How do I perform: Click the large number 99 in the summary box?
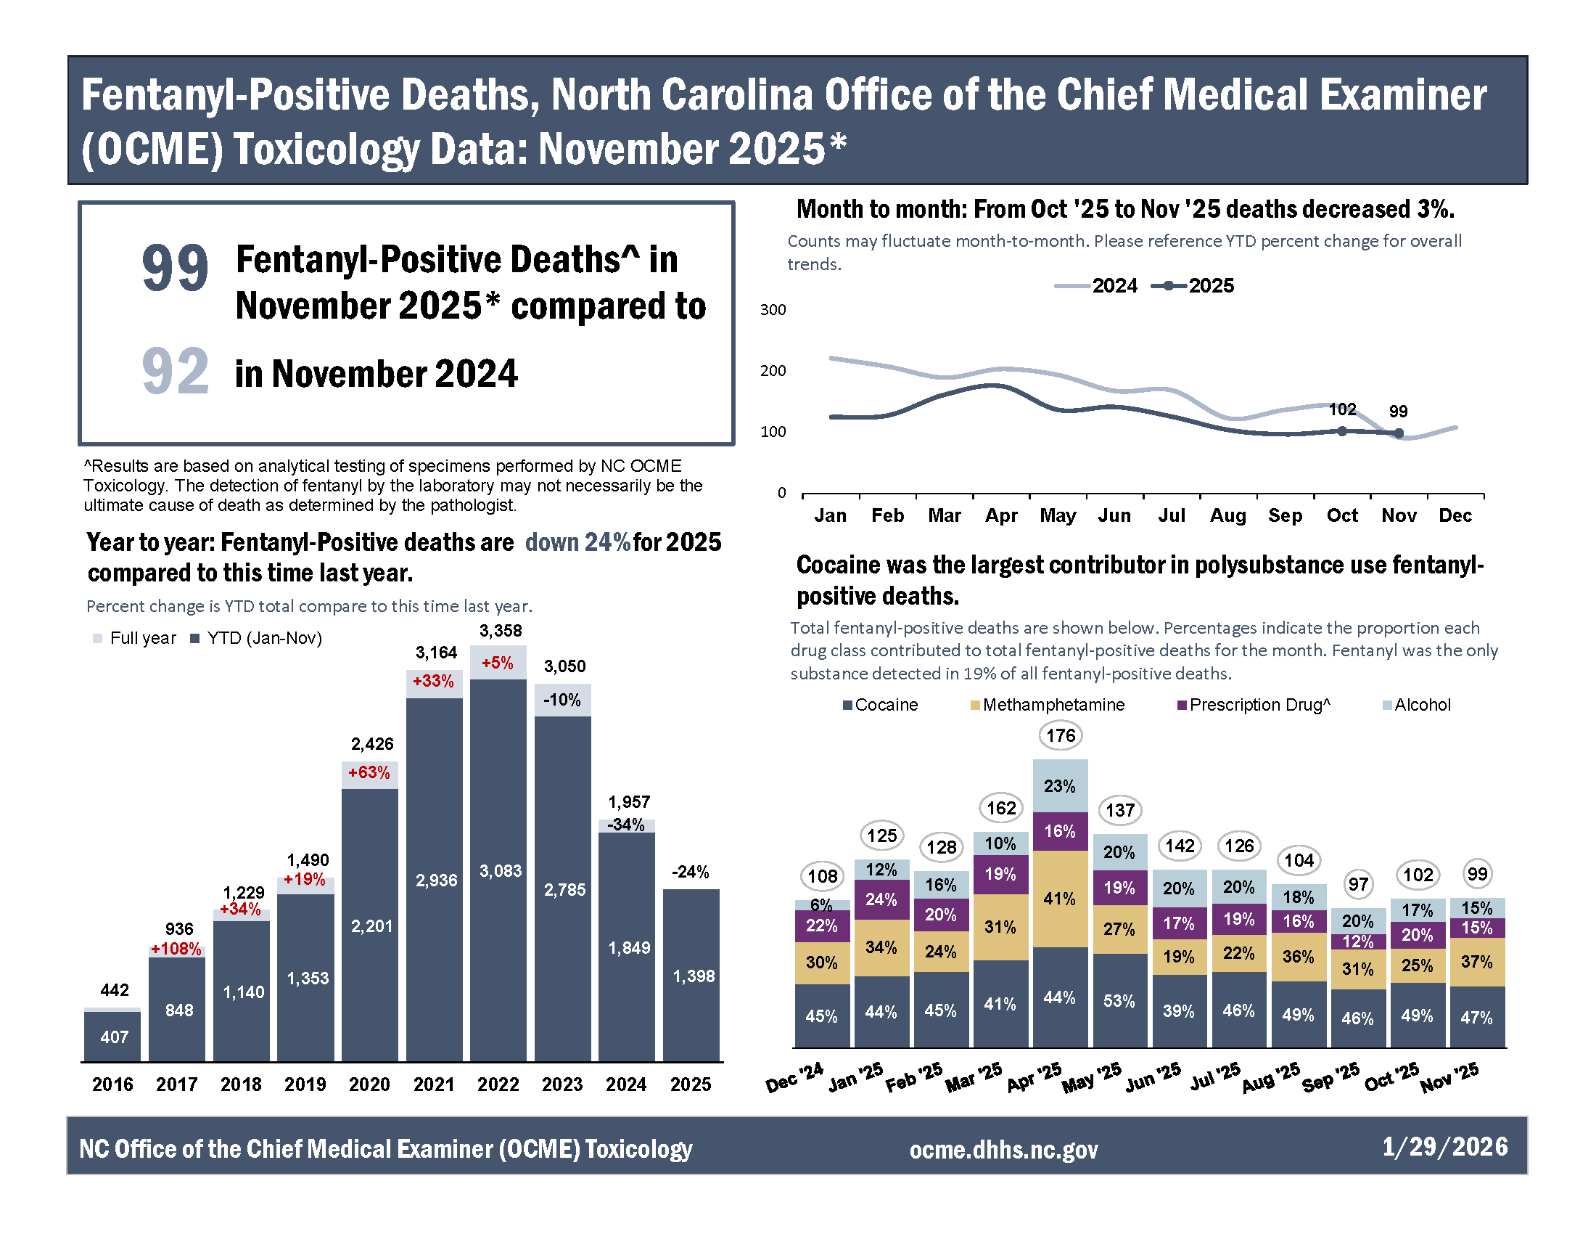175,269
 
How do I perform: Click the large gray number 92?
175,372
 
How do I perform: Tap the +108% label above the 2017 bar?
176,949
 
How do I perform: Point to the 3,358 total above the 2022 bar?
501,630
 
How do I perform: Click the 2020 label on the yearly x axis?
369,1084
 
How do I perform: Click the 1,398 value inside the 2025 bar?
693,976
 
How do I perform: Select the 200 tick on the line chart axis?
773,371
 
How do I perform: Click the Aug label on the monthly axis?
1227,515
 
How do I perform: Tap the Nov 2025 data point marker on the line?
1398,433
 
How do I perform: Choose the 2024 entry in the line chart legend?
1097,286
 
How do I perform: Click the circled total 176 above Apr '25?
1061,735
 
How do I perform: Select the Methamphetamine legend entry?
1047,705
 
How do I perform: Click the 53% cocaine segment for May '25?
1119,1001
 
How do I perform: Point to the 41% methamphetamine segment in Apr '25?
1060,899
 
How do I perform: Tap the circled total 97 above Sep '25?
1358,884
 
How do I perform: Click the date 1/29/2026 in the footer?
1444,1146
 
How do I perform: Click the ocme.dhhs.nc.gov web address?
1003,1149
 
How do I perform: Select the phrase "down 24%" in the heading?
577,542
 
